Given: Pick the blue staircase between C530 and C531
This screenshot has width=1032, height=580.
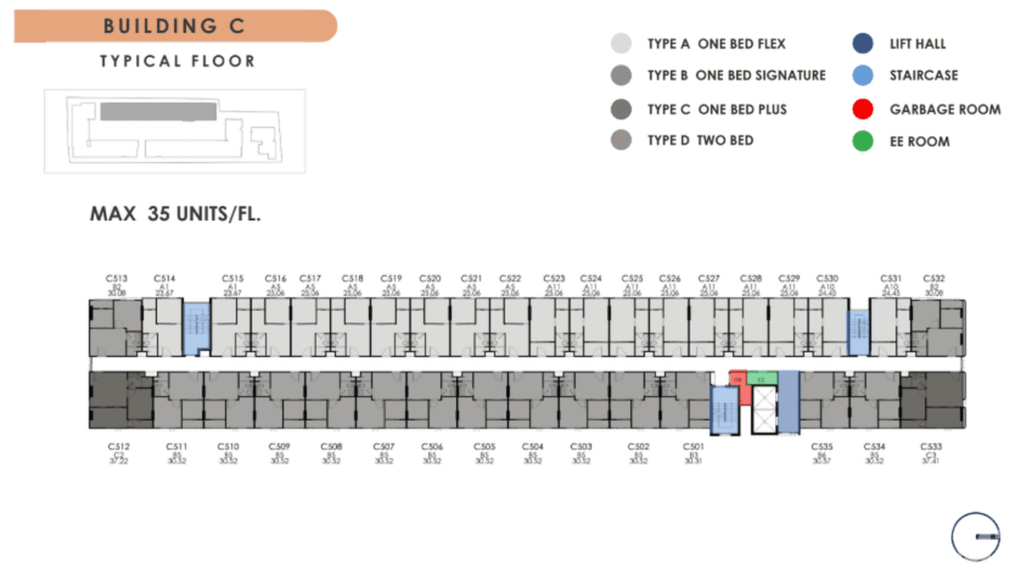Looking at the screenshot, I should pyautogui.click(x=857, y=332).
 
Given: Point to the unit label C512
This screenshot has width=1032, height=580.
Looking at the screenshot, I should pyautogui.click(x=118, y=446).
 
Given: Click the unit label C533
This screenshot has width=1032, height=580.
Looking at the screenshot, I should pyautogui.click(x=931, y=446).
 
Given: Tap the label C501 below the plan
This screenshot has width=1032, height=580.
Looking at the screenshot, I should pyautogui.click(x=694, y=446).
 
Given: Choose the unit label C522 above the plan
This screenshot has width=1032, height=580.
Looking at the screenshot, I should pyautogui.click(x=511, y=278).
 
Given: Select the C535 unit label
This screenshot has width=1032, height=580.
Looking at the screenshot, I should pyautogui.click(x=822, y=446).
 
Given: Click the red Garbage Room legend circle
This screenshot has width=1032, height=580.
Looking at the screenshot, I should pyautogui.click(x=863, y=109).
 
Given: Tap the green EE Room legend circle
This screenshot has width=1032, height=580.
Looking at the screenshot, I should pyautogui.click(x=863, y=142).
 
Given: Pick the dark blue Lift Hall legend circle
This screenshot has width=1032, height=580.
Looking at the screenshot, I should pyautogui.click(x=863, y=44).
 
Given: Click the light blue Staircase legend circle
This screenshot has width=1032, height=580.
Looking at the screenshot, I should pyautogui.click(x=863, y=75).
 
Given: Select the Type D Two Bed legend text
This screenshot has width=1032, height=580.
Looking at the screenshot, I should pyautogui.click(x=700, y=140).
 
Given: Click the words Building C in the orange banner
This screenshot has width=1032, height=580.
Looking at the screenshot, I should pyautogui.click(x=174, y=25).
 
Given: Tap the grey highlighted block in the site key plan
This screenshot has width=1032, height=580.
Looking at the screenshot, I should pyautogui.click(x=158, y=112).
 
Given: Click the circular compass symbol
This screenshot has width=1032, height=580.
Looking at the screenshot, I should pyautogui.click(x=976, y=536).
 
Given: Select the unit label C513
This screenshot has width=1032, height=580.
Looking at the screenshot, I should pyautogui.click(x=117, y=278).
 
